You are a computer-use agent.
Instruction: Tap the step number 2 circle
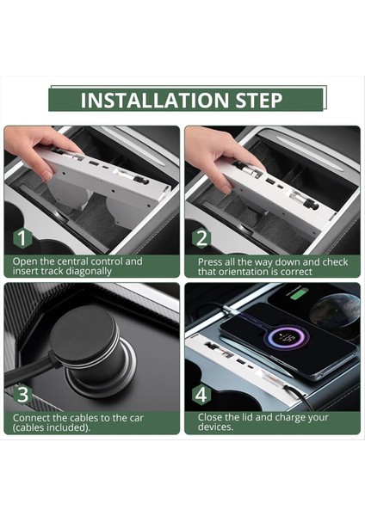(201, 238)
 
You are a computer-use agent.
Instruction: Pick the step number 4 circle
(201, 396)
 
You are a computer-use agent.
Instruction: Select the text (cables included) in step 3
(52, 427)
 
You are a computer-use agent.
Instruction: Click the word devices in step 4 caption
(216, 427)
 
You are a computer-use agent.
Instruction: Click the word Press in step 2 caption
(212, 261)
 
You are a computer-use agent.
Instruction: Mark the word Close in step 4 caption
(212, 418)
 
